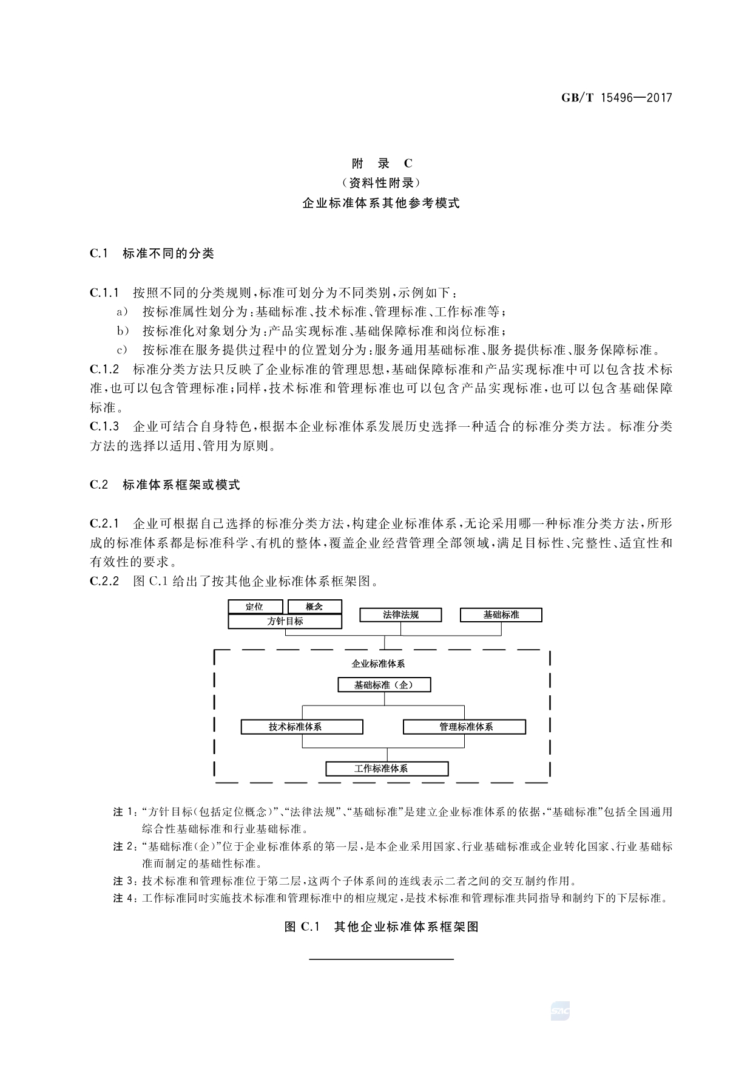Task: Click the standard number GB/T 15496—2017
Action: [x=616, y=97]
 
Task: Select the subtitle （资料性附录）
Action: [x=382, y=183]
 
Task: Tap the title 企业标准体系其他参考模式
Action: [x=382, y=203]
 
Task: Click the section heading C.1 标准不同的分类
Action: [x=152, y=253]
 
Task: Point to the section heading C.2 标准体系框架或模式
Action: [x=165, y=485]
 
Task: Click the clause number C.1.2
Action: [x=104, y=369]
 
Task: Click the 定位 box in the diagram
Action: [x=255, y=607]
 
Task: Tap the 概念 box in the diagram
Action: [x=314, y=607]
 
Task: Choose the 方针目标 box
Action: [x=285, y=622]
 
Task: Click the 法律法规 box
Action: [x=400, y=615]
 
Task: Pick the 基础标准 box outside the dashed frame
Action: [x=501, y=615]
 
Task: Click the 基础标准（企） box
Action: [x=384, y=685]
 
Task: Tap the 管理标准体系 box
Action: [x=464, y=727]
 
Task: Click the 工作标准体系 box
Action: [x=387, y=769]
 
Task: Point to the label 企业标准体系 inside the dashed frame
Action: [x=378, y=664]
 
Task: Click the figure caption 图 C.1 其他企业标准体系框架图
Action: [x=382, y=927]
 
